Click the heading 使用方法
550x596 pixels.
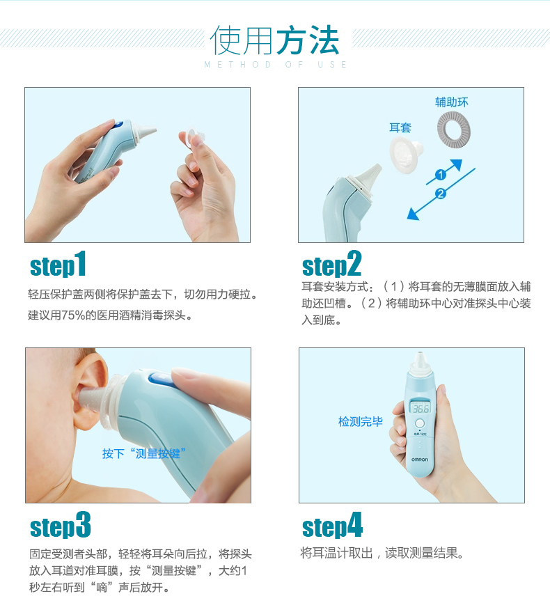274,40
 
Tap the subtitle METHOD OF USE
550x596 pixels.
275,65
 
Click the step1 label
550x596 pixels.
58,264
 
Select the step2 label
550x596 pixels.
331,264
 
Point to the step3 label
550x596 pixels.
60,525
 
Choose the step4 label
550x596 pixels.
332,525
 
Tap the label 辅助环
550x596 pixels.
452,102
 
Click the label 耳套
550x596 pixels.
400,127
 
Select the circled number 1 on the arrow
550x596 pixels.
440,175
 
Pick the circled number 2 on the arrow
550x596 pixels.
440,194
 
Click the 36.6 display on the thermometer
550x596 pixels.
421,409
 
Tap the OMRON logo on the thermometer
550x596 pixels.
419,460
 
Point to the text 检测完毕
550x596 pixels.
361,421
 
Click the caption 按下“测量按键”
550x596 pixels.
143,453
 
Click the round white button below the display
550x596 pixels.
420,423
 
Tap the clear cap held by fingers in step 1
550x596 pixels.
192,134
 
